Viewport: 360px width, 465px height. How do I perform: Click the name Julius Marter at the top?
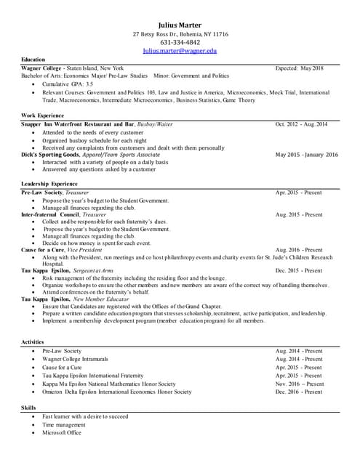(x=180, y=25)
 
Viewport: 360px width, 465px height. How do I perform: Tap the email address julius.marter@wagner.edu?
(x=180, y=51)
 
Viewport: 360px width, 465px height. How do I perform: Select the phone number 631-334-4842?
(x=180, y=42)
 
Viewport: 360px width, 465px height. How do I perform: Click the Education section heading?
(x=33, y=60)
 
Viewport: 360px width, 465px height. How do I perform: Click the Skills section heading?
(x=29, y=408)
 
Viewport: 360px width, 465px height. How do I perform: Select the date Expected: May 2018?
(x=300, y=68)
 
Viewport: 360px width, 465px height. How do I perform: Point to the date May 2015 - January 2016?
(x=307, y=155)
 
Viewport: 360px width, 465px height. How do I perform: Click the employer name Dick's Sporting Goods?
(x=50, y=155)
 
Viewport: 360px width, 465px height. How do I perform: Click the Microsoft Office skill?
(x=62, y=432)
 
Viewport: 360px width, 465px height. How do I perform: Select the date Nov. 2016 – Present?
(x=300, y=384)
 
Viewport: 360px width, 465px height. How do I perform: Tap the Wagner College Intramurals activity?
(x=76, y=359)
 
